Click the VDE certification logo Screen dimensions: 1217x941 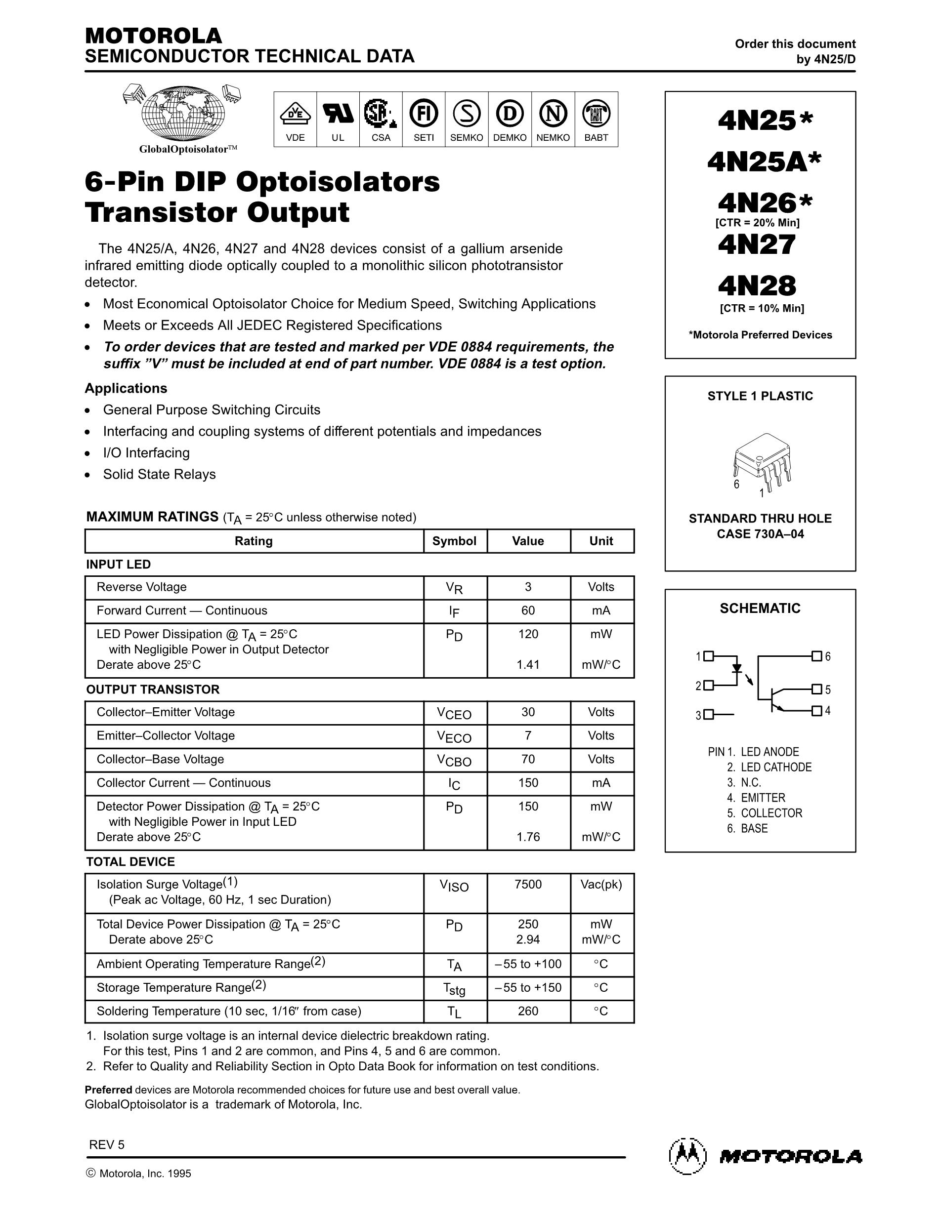tap(295, 114)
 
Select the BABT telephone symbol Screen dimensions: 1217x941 tap(596, 114)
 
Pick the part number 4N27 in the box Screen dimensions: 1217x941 tap(757, 245)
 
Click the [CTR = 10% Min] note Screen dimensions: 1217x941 tap(762, 308)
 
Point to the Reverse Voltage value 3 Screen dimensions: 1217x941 tap(528, 587)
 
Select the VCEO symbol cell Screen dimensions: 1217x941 tap(454, 713)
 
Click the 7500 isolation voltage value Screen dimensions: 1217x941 tap(528, 884)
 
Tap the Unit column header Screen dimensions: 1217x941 tap(601, 541)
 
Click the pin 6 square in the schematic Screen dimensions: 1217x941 tap(816, 656)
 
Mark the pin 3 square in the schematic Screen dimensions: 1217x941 tap(709, 714)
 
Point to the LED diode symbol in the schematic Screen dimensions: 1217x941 tap(737, 668)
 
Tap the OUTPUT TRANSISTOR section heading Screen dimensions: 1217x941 tap(153, 690)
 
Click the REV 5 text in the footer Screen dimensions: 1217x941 tap(107, 1144)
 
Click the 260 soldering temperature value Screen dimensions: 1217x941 tap(528, 1012)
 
